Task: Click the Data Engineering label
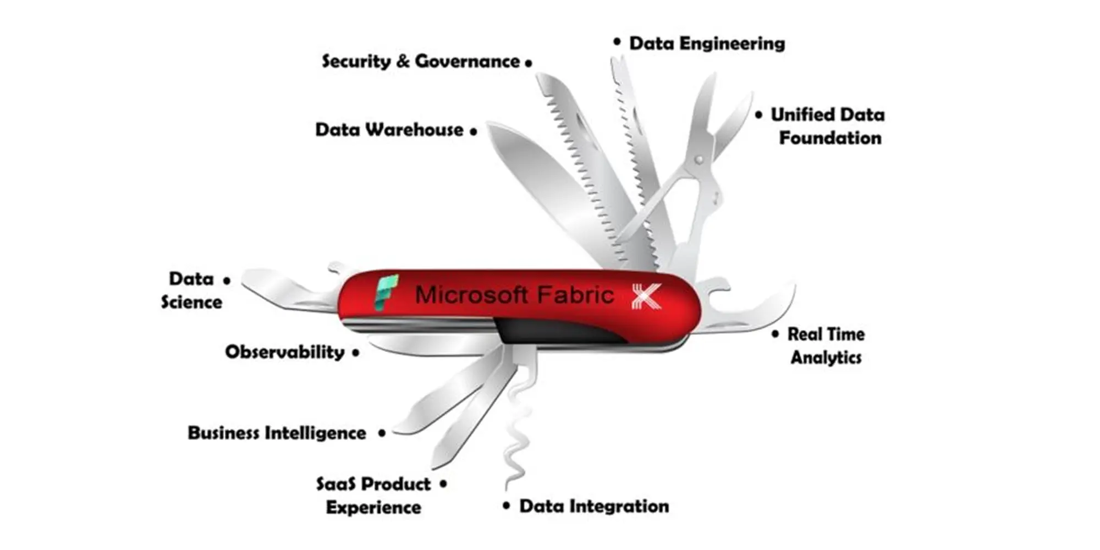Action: (707, 43)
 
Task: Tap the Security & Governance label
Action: (421, 61)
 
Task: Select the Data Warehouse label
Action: (389, 130)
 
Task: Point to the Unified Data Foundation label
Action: (828, 126)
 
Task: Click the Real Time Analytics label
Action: (826, 345)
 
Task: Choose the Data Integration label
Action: (594, 506)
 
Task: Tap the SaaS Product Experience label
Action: (374, 496)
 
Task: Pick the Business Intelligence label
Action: (277, 433)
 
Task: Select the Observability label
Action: (284, 352)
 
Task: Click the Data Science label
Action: (191, 290)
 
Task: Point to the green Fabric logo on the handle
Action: (386, 292)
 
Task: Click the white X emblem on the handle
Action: (647, 296)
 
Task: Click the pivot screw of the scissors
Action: (698, 160)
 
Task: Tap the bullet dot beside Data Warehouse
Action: (474, 131)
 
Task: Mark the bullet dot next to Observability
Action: (356, 353)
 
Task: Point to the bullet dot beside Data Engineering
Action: (617, 42)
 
